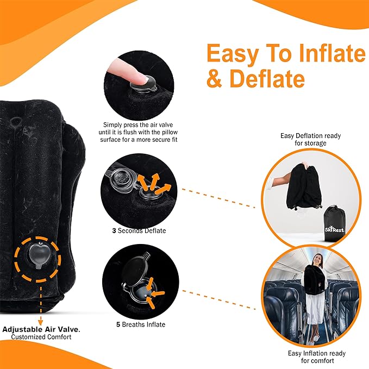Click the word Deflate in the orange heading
point(266,78)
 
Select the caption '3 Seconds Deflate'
point(139,230)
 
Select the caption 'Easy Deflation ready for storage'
point(311,139)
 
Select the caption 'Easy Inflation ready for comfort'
point(317,357)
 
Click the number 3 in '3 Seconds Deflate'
point(114,230)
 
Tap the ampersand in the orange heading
point(215,78)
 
